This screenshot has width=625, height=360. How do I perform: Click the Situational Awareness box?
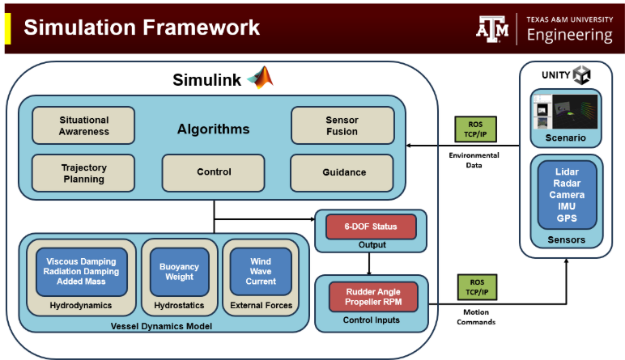tap(83, 125)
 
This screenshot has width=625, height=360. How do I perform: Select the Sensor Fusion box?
tap(342, 125)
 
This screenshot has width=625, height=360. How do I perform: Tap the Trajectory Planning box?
tap(83, 172)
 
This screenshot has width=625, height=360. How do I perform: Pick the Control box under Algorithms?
tap(214, 172)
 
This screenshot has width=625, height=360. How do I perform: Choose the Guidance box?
tap(342, 172)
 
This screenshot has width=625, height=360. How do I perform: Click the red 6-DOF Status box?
tap(370, 226)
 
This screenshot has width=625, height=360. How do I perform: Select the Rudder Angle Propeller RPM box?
tap(370, 297)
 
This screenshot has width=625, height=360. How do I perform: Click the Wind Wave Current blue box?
tap(261, 271)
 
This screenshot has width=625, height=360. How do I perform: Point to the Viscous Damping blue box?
tap(82, 271)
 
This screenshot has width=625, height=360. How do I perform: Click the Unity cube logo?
tap(581, 75)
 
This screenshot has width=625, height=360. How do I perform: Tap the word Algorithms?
tap(214, 129)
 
